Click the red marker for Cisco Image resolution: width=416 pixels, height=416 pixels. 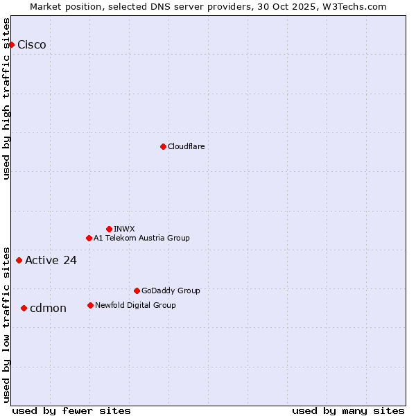[x=11, y=44]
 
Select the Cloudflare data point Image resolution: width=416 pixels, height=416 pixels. [x=163, y=146]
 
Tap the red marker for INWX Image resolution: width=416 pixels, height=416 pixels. [x=109, y=229]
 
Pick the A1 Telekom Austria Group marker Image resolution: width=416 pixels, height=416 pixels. [x=89, y=238]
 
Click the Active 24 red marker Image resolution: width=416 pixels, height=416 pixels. [x=19, y=261]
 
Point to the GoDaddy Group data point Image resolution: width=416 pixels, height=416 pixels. [x=137, y=291]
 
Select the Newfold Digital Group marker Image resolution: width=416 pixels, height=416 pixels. [x=90, y=305]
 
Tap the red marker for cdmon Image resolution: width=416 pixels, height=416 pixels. [x=24, y=308]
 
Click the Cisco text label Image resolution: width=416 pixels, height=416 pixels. [x=32, y=45]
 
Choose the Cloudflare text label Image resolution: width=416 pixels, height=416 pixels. [x=186, y=146]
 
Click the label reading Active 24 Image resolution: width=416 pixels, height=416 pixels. [x=51, y=261]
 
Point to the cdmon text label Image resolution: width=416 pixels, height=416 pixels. [x=48, y=309]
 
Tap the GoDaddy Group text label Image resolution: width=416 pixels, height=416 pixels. [x=171, y=291]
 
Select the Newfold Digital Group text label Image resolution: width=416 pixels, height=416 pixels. [x=135, y=305]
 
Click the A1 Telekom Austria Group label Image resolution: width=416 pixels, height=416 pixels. [x=141, y=238]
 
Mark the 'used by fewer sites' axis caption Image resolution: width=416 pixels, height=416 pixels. [x=71, y=410]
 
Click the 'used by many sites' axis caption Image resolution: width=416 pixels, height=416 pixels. [x=348, y=410]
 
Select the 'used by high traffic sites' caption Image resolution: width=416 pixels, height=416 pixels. [x=7, y=98]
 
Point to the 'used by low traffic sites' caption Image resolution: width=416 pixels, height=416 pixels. [x=7, y=324]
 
